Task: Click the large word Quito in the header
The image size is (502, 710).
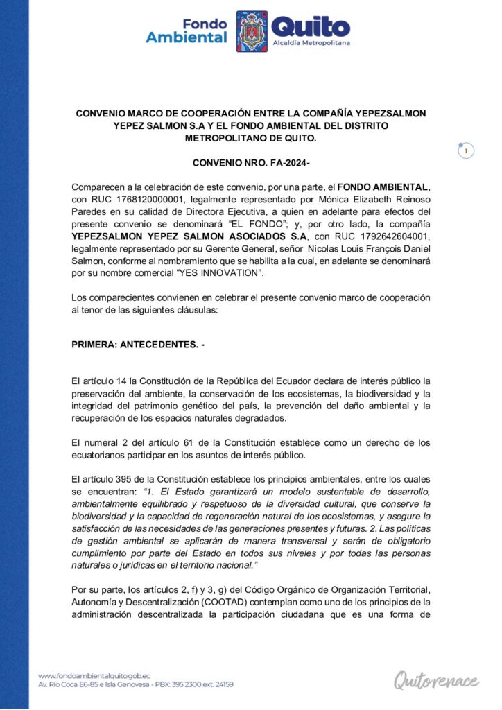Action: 311,28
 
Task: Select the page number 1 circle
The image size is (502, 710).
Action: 467,150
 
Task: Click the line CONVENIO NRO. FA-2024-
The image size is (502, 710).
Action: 250,163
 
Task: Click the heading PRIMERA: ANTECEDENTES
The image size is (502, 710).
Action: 138,344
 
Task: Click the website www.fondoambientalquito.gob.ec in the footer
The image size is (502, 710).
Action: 94,675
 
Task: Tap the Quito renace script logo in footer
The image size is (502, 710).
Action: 436,679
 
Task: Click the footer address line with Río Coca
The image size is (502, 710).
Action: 135,684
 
